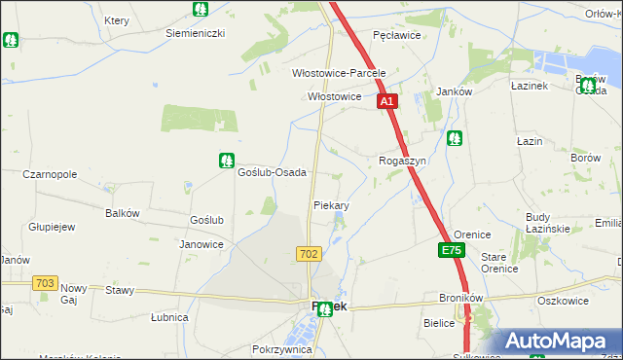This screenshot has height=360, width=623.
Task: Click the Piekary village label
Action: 331,206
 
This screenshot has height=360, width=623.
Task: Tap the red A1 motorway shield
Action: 386,101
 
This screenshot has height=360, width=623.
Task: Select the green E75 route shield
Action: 451,251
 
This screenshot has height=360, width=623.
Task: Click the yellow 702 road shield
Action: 309,254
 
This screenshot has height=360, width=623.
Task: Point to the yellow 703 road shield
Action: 44,283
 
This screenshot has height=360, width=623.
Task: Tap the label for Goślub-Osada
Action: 273,172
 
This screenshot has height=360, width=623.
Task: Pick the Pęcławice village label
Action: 396,35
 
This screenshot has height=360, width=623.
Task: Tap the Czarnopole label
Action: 50,175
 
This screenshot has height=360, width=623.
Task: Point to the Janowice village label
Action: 202,244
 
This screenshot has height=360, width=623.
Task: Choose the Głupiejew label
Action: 52,227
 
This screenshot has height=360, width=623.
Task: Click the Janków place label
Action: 454,91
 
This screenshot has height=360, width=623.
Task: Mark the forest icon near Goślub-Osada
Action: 227,160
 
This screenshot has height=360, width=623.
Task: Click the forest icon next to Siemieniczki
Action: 200,10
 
